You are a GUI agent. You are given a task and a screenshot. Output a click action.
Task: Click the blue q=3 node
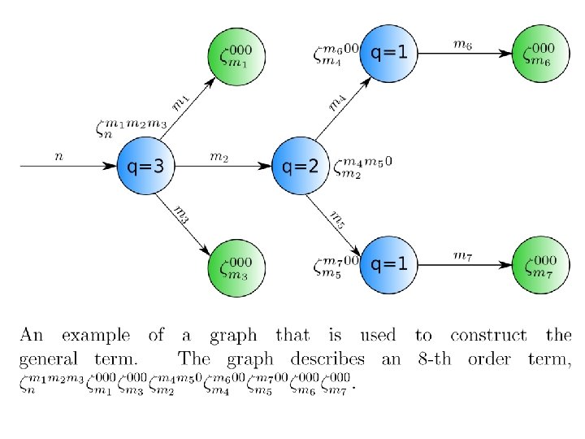pos(145,167)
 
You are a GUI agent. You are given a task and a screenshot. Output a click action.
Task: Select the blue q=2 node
pos(301,167)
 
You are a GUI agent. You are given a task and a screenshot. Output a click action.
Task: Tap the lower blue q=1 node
pos(389,263)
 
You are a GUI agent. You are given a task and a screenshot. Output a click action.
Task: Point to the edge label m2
pos(219,155)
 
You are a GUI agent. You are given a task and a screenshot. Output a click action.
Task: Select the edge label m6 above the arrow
pos(462,44)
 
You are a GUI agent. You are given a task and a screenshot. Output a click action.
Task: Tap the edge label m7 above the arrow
pos(462,257)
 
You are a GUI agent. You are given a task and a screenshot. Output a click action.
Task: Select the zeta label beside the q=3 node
pos(131,126)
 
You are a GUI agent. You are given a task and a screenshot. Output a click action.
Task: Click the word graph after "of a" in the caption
pos(235,335)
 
